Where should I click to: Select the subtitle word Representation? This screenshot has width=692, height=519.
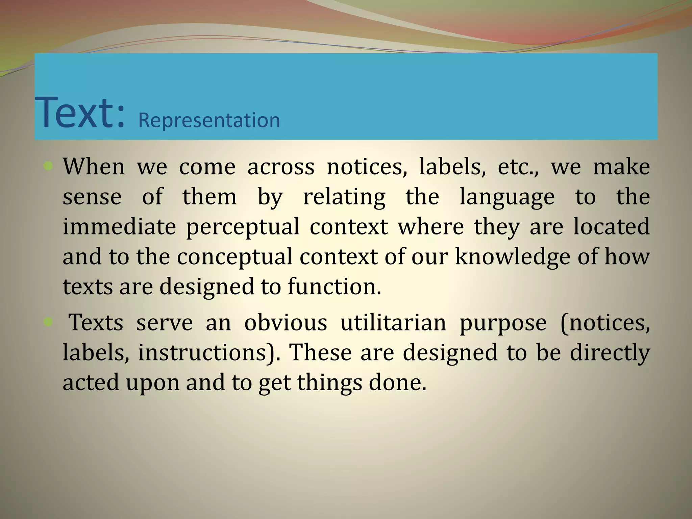tap(209, 120)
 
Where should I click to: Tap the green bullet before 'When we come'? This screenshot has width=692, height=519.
tap(48, 166)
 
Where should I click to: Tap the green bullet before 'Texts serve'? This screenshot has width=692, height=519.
tap(48, 322)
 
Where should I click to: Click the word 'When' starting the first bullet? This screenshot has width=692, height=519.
tap(94, 167)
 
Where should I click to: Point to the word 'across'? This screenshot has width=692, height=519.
tap(281, 167)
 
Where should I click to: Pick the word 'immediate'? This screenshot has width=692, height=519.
tap(119, 227)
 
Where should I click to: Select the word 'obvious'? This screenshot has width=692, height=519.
tap(286, 323)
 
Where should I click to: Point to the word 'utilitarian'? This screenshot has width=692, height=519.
tap(393, 323)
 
